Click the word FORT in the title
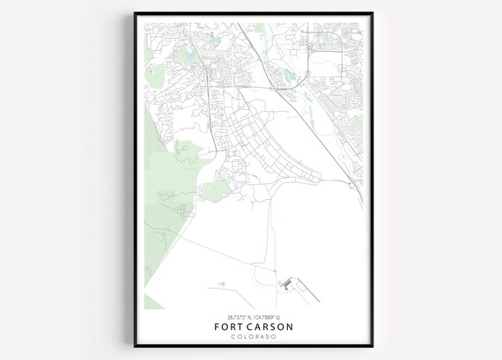pyautogui.click(x=232, y=327)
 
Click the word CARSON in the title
pyautogui.click(x=271, y=327)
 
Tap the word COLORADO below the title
pyautogui.click(x=254, y=337)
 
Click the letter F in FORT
pyautogui.click(x=217, y=327)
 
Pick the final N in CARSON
pyautogui.click(x=291, y=327)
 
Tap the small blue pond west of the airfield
pyautogui.click(x=220, y=283)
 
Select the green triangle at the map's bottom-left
pyautogui.click(x=152, y=302)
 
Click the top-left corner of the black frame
pyautogui.click(x=135, y=13)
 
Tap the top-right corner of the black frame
pyautogui.click(x=372, y=13)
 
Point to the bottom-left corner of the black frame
pyautogui.click(x=135, y=346)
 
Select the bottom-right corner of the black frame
pyautogui.click(x=372, y=346)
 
